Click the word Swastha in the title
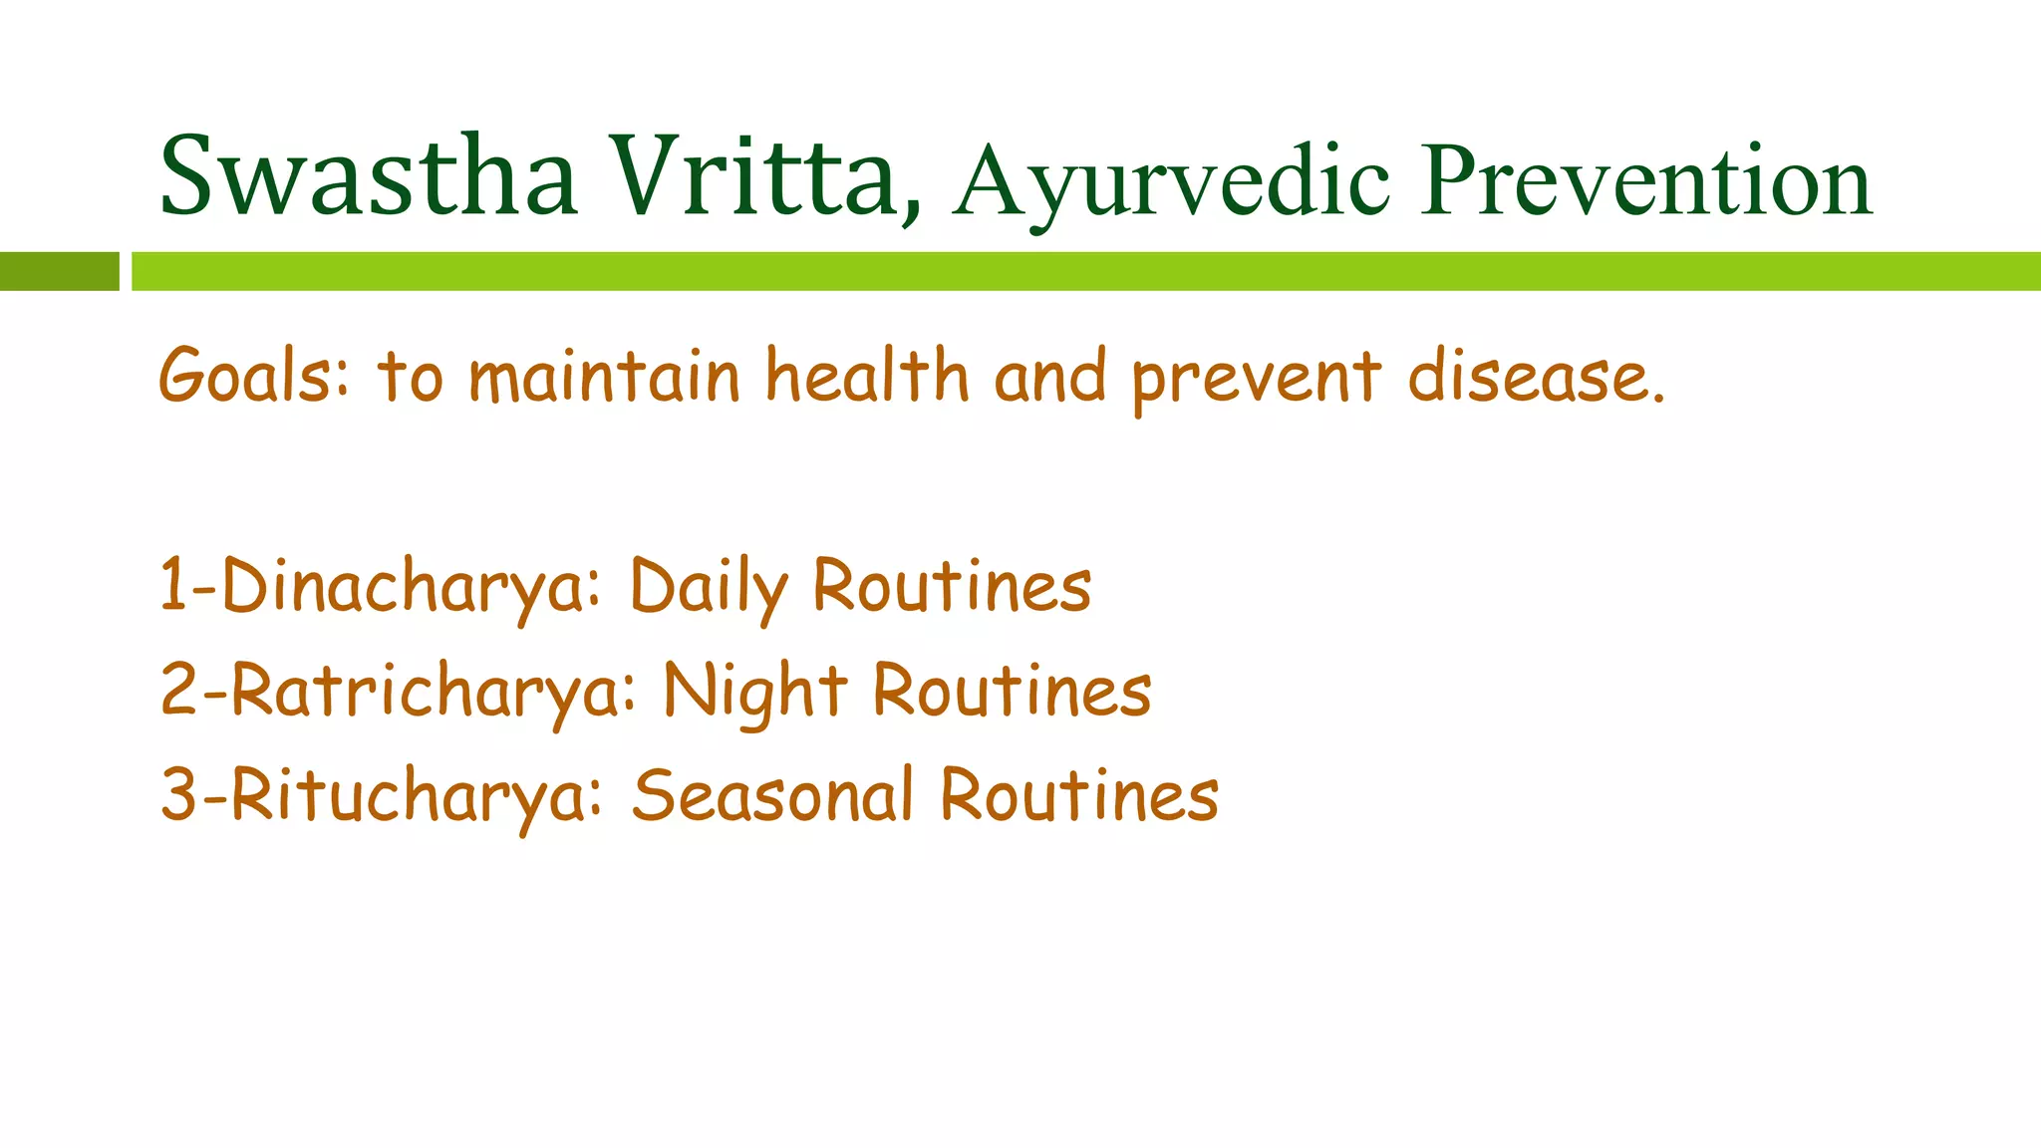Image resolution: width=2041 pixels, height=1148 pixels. coord(368,177)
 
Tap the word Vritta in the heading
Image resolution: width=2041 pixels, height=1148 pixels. coord(757,177)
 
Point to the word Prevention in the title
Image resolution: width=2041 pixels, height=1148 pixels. coord(1646,181)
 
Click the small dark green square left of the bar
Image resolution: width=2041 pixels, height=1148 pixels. coord(59,271)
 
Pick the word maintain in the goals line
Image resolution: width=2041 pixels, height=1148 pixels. coord(604,377)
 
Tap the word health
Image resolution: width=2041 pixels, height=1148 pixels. coord(867,377)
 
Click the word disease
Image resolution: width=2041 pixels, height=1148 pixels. coord(1535,377)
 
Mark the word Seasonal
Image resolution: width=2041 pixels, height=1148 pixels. coord(772,795)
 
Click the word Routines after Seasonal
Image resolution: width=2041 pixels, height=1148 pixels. coord(1079,795)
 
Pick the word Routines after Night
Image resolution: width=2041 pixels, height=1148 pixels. coord(1012,691)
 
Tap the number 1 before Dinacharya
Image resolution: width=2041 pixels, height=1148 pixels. coord(173,586)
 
